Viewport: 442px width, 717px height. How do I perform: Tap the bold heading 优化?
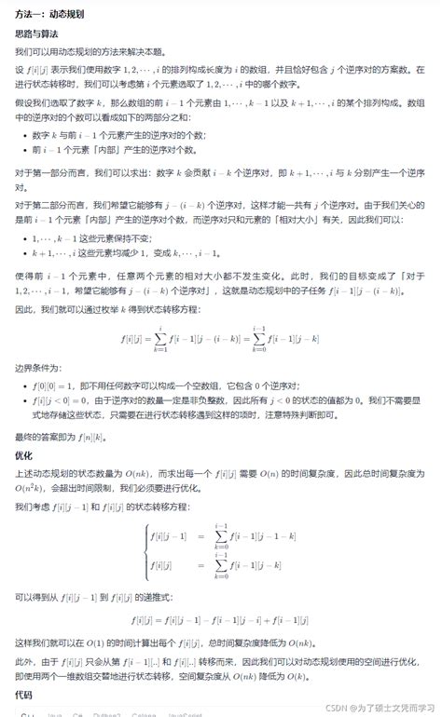click(24, 456)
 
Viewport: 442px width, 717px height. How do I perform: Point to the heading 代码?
click(24, 695)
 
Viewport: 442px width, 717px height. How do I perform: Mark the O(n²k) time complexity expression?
click(31, 487)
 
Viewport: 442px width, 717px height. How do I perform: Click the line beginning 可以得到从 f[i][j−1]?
click(108, 596)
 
